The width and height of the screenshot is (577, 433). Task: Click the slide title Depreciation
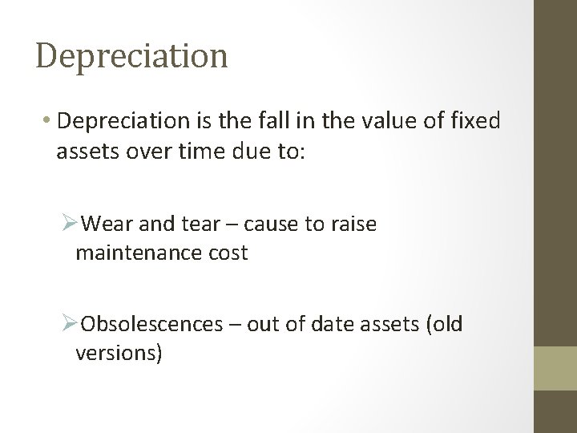tap(132, 56)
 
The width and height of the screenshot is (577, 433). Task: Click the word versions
tap(118, 354)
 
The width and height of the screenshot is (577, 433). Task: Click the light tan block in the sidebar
tap(555, 368)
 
